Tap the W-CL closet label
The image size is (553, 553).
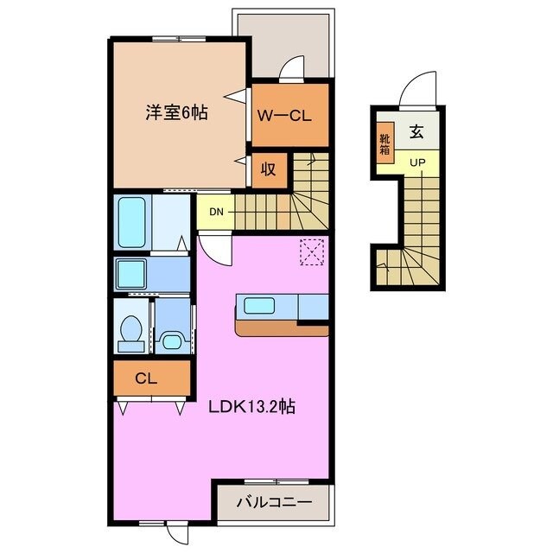[x=289, y=114]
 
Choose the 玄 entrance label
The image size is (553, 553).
[x=417, y=133]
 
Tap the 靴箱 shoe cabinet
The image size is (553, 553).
[x=385, y=143]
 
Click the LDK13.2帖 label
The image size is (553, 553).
[x=252, y=406]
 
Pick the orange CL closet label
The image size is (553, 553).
[x=144, y=378]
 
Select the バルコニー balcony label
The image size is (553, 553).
[x=273, y=502]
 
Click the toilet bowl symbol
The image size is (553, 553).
[x=131, y=329]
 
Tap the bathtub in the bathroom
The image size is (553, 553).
[x=132, y=222]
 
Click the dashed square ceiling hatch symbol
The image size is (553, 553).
[x=310, y=251]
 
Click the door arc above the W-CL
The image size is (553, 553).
[x=293, y=68]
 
